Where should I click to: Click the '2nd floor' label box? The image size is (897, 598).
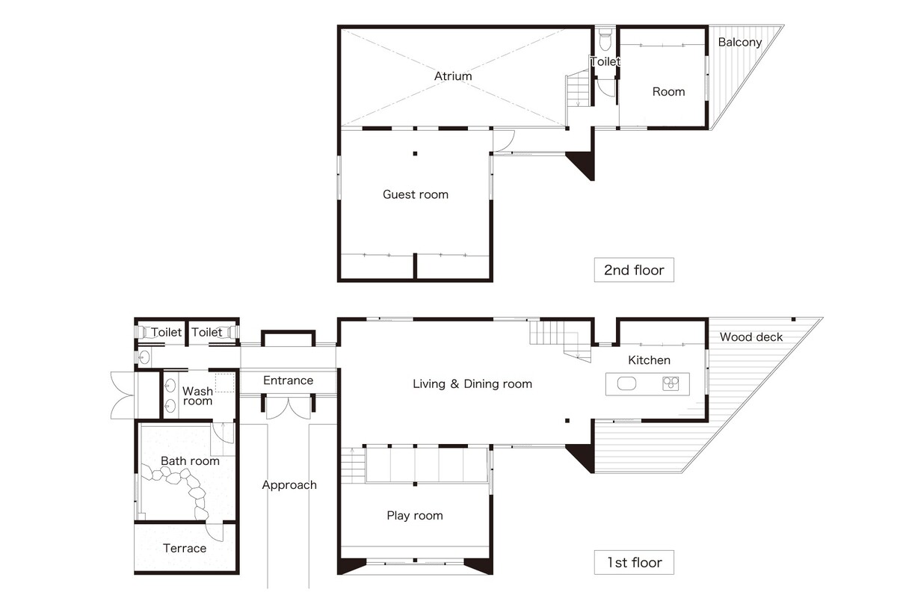[x=634, y=270]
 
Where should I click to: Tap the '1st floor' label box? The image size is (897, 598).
[x=634, y=562]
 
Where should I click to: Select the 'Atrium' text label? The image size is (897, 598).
[x=453, y=76]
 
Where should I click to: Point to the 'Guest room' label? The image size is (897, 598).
[x=416, y=194]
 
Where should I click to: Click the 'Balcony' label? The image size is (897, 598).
[x=739, y=42]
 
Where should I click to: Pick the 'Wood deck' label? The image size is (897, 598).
[x=751, y=337]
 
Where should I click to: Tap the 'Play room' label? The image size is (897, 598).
[x=415, y=516]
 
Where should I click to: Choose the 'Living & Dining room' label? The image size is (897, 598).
[x=472, y=383]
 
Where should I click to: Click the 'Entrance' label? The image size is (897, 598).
[x=289, y=380]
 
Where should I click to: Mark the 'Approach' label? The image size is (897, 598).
[x=289, y=485]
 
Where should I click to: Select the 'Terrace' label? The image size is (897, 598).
[x=185, y=548]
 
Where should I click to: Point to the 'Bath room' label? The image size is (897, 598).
[x=190, y=461]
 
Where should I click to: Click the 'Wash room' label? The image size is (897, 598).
[x=197, y=395]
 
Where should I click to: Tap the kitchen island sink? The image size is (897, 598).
[x=626, y=383]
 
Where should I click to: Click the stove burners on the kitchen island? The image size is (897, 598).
[x=671, y=383]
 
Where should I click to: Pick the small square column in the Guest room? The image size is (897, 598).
[x=415, y=153]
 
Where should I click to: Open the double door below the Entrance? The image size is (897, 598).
[x=289, y=407]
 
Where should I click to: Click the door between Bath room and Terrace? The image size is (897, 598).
[x=215, y=532]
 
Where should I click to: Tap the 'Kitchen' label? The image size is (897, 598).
[x=649, y=360]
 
